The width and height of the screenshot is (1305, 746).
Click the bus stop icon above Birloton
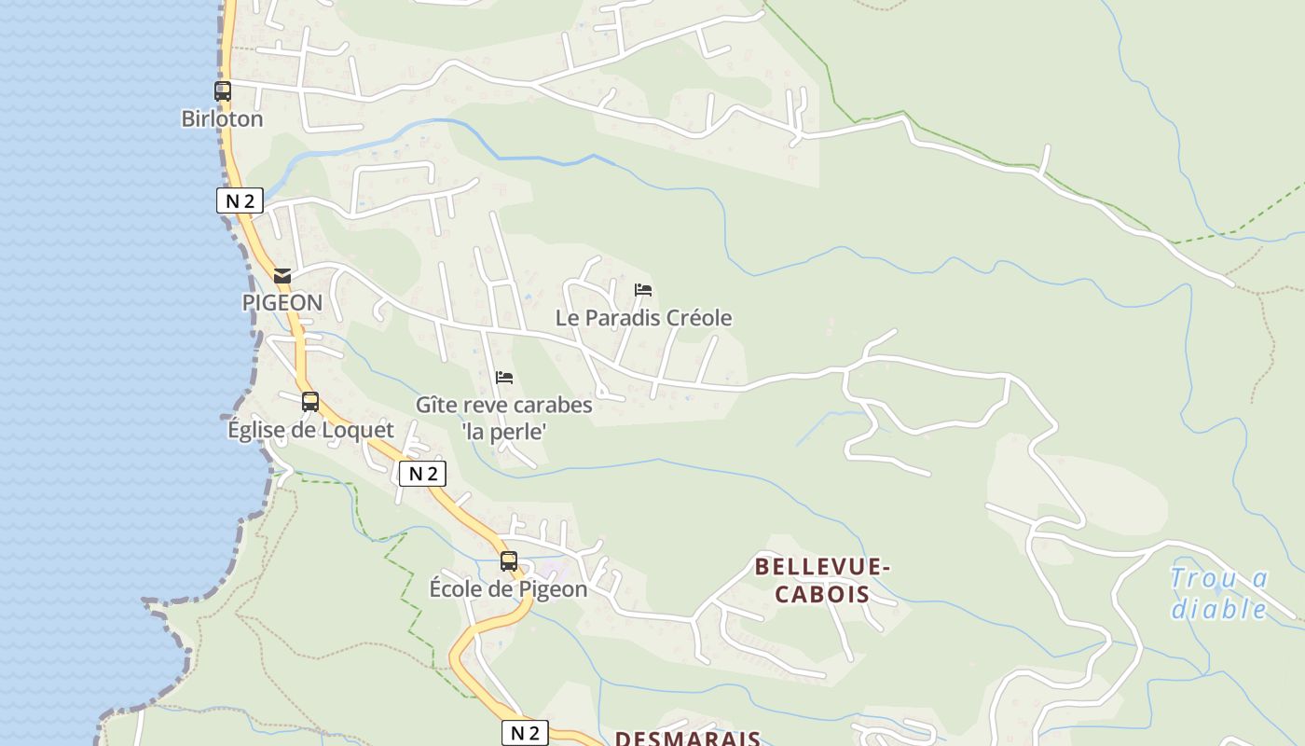tap(222, 91)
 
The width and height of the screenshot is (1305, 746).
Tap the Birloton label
tap(222, 119)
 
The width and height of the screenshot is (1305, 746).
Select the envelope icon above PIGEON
tap(282, 276)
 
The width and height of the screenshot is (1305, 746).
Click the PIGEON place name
tap(282, 303)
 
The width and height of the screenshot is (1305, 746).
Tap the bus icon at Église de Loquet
tap(310, 402)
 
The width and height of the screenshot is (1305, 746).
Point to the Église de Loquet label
tap(310, 430)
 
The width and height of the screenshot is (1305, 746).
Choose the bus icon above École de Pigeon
tap(509, 561)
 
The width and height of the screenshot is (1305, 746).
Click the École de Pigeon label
tap(508, 589)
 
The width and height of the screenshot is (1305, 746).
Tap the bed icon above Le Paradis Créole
tap(643, 290)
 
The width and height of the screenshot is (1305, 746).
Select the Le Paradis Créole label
tap(643, 318)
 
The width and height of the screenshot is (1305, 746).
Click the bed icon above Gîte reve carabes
tap(504, 378)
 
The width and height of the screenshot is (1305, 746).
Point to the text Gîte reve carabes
tap(503, 406)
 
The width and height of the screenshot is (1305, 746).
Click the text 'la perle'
tap(503, 432)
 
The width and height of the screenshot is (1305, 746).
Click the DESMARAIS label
tap(688, 739)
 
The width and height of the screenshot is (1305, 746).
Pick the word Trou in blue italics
tap(1205, 579)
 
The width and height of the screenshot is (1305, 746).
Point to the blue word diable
tap(1219, 610)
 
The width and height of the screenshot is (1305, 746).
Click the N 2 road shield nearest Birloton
tap(240, 200)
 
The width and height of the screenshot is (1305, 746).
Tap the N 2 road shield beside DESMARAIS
tap(525, 733)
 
